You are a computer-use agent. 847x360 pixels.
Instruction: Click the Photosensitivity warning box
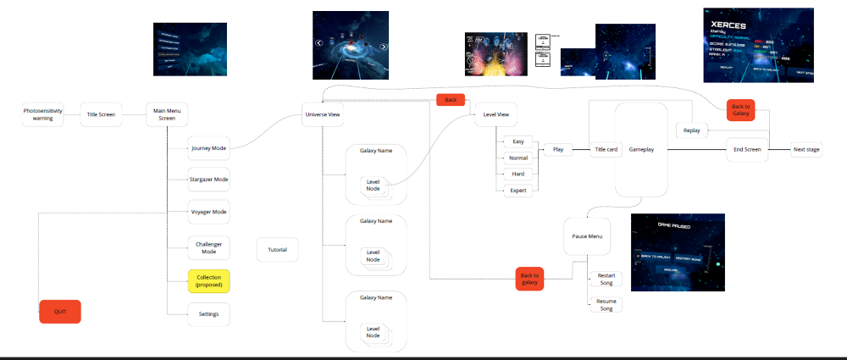[43, 114]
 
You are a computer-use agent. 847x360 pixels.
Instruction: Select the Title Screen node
[102, 114]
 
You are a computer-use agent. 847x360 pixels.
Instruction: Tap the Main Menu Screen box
[167, 114]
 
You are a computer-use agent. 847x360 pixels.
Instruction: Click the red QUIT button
[60, 312]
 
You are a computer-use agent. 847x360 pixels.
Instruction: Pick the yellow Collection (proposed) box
[208, 280]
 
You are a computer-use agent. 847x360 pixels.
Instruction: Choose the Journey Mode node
[208, 148]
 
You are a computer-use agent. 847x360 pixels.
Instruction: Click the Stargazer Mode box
[208, 180]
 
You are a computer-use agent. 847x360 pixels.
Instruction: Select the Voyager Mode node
[208, 212]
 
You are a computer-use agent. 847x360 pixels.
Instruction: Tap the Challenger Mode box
[208, 248]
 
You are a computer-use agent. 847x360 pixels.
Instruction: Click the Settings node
[208, 314]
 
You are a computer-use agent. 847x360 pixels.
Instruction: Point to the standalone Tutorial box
[277, 250]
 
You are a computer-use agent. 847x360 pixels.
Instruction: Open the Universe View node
[323, 114]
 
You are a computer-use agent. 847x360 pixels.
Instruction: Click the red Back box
[451, 100]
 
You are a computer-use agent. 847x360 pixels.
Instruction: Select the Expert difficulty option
[518, 191]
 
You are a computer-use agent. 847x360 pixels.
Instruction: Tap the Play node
[558, 149]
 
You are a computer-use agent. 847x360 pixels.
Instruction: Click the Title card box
[606, 149]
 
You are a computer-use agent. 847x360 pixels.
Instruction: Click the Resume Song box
[606, 304]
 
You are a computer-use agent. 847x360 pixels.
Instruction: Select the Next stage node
[805, 149]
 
